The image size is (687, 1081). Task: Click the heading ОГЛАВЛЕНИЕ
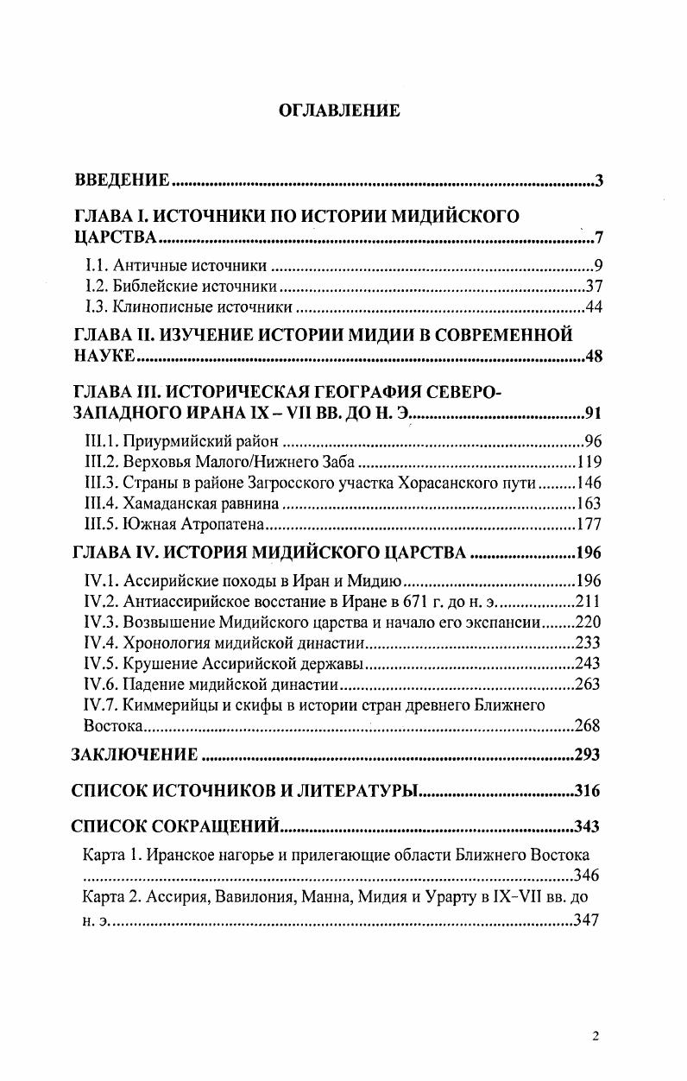339,111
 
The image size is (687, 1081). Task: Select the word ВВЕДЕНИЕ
120,180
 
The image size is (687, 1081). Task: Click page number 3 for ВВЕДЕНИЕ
599,180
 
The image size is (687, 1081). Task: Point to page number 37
594,287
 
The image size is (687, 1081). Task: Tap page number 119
589,460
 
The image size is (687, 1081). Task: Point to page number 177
589,524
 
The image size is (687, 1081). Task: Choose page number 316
587,790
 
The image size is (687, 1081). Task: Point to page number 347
587,921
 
